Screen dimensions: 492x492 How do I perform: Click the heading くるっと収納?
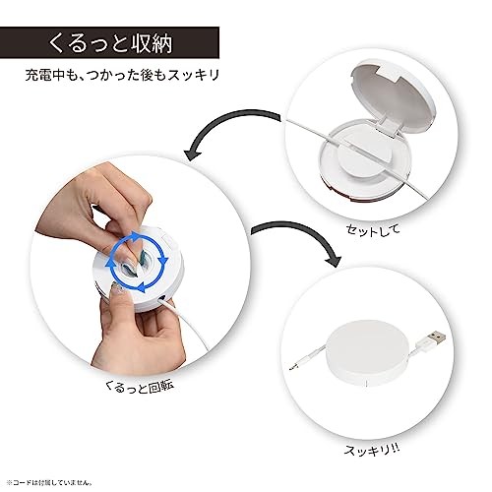[110, 43]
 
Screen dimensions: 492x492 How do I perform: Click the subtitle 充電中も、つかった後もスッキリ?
[122, 75]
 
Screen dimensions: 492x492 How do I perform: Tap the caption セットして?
[373, 229]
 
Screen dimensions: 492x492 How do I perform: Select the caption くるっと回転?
[139, 387]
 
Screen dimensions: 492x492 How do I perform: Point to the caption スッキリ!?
[372, 450]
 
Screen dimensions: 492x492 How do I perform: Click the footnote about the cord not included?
[49, 482]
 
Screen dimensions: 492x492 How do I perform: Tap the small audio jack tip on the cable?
[293, 367]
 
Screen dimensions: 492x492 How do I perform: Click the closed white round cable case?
[368, 353]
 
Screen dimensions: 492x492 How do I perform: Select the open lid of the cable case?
[394, 94]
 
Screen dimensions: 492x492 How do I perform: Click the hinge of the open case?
[390, 126]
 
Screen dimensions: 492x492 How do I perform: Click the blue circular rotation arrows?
[136, 261]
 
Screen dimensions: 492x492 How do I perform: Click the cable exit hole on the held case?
[162, 298]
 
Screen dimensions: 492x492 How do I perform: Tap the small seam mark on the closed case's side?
[366, 383]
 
